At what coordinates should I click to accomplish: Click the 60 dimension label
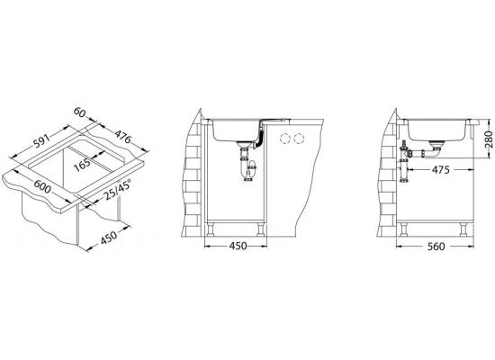tap(80, 112)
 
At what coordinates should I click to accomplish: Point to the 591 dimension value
tap(42, 140)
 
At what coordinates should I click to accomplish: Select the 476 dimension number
tap(122, 136)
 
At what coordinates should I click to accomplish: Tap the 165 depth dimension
tap(83, 165)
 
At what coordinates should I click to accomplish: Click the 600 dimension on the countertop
tap(42, 186)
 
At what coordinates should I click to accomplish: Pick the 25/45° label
tap(117, 191)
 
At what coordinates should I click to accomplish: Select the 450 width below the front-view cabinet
tap(238, 246)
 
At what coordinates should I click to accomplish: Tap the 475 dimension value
tap(441, 170)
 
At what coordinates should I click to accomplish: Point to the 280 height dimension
tap(489, 139)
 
